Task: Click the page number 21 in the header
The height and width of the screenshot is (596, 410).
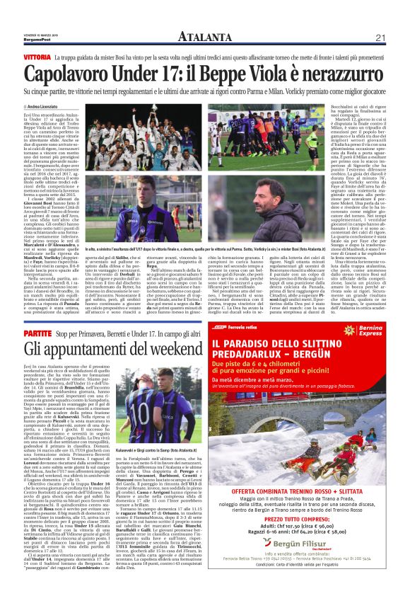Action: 380,37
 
